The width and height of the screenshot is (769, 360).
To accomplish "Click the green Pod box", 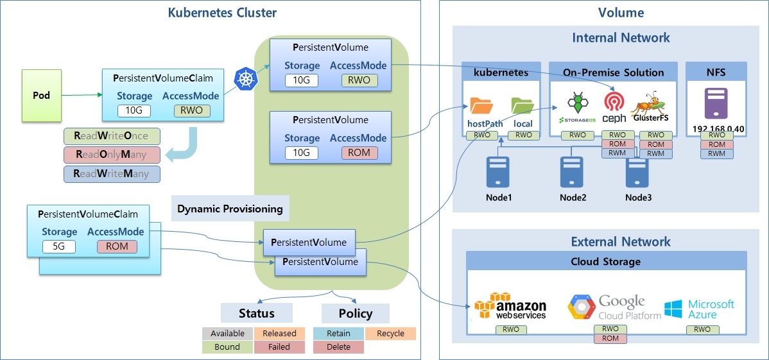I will click(42, 96).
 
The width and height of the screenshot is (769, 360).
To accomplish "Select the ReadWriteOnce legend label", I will click(112, 136).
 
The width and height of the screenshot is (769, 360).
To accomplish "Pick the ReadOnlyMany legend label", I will click(112, 155).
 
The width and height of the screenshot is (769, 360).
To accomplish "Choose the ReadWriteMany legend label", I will click(112, 173).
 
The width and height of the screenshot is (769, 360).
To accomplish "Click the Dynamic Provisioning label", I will click(230, 209).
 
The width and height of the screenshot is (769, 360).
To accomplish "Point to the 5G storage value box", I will click(58, 246).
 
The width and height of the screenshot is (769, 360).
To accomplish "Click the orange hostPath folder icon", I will click(481, 105).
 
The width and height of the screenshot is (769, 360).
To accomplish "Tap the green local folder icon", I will click(523, 105).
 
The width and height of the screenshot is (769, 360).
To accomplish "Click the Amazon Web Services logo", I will click(510, 305).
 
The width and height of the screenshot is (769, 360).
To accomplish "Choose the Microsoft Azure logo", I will click(700, 308).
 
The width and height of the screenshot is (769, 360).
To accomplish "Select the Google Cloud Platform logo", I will click(614, 307).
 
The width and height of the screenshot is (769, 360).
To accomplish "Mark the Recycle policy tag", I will click(390, 334).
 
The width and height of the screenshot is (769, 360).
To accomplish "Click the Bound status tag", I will click(227, 347).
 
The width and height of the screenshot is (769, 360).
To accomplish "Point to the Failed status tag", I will click(279, 347).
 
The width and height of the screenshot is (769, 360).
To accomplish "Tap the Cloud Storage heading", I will click(605, 261).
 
